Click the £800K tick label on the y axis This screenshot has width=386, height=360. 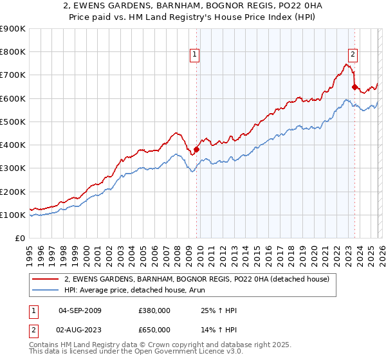coord(13,52)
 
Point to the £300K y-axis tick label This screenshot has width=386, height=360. coord(13,168)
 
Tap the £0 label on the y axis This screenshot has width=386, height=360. coord(19,239)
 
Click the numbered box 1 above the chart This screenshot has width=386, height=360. coord(195,55)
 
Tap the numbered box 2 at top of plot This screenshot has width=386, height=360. coord(353,55)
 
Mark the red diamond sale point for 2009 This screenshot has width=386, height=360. coord(196,150)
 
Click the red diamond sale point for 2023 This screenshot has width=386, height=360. coord(354,87)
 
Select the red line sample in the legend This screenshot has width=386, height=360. coord(45,279)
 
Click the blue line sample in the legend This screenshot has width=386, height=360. coord(45,290)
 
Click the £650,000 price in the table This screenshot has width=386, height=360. coord(154,329)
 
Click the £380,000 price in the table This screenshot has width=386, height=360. coord(154,310)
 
